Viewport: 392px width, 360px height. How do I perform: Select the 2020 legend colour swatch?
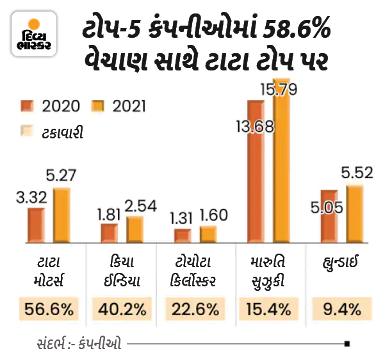28,104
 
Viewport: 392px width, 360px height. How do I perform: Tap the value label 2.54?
140,206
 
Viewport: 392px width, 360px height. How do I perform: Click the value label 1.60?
213,216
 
